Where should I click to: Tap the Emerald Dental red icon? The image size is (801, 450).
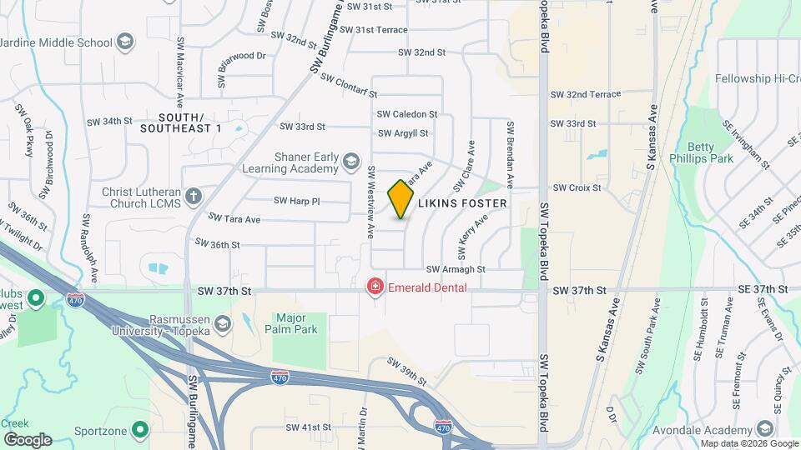tap(375, 287)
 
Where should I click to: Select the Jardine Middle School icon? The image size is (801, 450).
tap(125, 42)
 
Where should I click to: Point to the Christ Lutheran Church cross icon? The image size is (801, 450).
tap(194, 197)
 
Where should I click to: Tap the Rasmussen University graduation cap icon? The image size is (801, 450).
tap(222, 323)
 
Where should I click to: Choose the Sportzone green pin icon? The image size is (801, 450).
tap(140, 431)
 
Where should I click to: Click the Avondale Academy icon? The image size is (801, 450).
tap(764, 428)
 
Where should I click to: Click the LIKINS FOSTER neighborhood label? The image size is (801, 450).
tap(461, 203)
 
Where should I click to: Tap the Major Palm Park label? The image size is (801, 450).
tap(302, 323)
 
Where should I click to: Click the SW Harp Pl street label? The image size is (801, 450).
tap(297, 201)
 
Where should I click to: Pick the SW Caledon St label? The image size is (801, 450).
tap(407, 114)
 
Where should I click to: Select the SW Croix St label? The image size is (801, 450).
tap(577, 188)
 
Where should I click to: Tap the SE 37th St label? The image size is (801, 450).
tap(763, 289)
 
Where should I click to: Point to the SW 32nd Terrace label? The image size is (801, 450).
tap(586, 95)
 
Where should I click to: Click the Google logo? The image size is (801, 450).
tap(28, 439)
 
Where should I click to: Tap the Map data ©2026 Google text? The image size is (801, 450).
tap(737, 443)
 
